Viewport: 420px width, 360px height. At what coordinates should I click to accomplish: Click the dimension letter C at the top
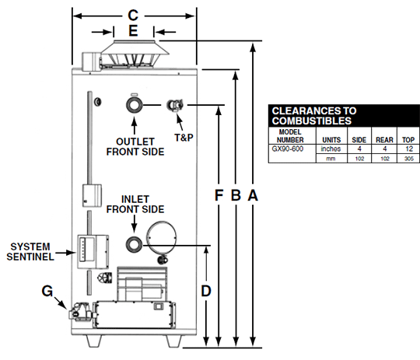coord(133,16)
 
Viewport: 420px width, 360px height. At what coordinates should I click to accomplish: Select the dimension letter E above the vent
coord(134,31)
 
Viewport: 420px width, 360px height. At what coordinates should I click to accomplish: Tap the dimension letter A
coord(253,195)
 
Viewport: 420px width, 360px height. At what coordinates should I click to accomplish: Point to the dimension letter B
coord(236,195)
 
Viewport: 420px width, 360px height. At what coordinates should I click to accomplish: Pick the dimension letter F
coord(219,195)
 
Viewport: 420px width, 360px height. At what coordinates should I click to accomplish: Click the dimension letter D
coord(206,291)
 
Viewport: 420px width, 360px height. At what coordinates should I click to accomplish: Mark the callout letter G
coord(47,291)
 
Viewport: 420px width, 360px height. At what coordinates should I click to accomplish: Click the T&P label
coord(184,138)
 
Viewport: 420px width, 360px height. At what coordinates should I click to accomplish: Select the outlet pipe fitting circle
coord(135,105)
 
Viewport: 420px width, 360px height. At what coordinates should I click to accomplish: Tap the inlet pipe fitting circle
coord(135,245)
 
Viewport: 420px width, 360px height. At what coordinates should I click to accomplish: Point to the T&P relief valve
coord(176,106)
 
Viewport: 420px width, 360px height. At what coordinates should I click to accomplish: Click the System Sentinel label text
coord(30,252)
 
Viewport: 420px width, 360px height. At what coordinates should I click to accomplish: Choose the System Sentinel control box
coord(93,251)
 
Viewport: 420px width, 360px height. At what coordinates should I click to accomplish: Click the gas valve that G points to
coord(80,312)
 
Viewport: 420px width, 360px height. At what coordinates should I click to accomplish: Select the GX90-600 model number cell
coord(288,149)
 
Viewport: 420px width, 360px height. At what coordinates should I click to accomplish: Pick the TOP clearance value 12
coord(409,149)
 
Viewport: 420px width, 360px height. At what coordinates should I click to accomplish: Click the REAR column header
coord(384,140)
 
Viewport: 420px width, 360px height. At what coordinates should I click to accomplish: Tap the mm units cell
coord(331,159)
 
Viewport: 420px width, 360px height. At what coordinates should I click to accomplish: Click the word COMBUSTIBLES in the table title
coord(312,121)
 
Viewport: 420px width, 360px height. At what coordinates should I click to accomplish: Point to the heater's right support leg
coord(174,341)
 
